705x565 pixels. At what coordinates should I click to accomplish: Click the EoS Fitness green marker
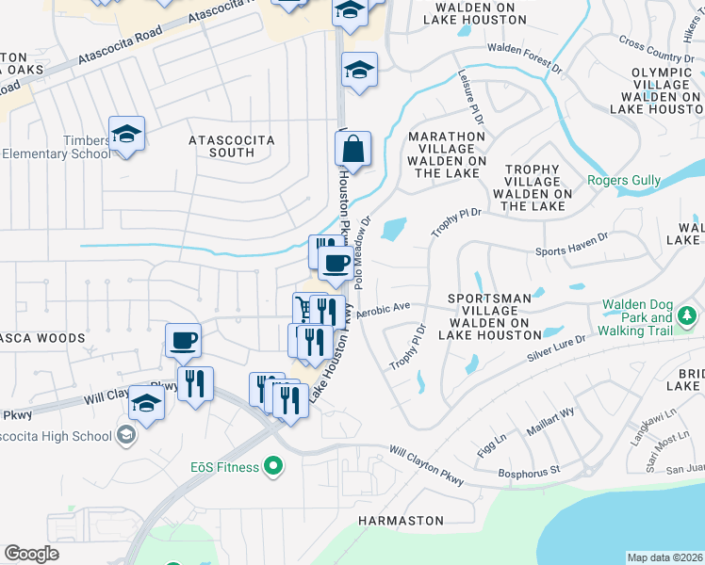point(274,466)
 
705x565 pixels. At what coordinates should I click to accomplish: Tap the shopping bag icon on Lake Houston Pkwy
point(352,150)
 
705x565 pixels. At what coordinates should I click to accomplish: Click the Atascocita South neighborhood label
point(232,146)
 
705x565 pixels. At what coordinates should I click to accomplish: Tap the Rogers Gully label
point(624,181)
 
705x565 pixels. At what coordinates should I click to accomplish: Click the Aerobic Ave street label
point(384,308)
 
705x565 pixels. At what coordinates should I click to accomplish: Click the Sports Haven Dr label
point(572,252)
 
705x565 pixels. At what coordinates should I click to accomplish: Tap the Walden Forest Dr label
point(524,47)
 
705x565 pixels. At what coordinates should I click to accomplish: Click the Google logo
point(31,554)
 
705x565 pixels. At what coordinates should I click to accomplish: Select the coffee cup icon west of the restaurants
point(183,340)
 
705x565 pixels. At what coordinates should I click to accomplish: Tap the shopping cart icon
point(303,308)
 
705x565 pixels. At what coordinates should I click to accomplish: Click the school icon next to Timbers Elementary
point(125,134)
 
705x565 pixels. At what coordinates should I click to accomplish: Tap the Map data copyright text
point(664,557)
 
